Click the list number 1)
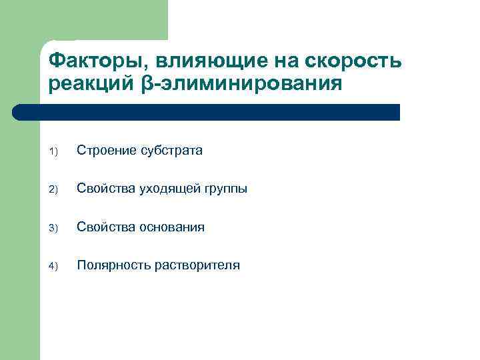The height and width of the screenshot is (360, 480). click(x=53, y=152)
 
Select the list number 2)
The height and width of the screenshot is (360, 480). click(x=53, y=190)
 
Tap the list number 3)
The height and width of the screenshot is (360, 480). click(x=53, y=228)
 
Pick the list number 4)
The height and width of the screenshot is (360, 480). click(x=53, y=266)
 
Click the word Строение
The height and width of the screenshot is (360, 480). click(x=105, y=151)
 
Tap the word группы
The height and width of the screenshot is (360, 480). click(x=223, y=189)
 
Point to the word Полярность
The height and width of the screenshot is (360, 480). click(x=113, y=265)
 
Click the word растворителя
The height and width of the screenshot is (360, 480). click(x=197, y=265)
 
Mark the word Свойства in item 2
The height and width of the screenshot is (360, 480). click(x=105, y=189)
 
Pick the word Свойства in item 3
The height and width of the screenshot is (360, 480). click(x=105, y=227)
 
